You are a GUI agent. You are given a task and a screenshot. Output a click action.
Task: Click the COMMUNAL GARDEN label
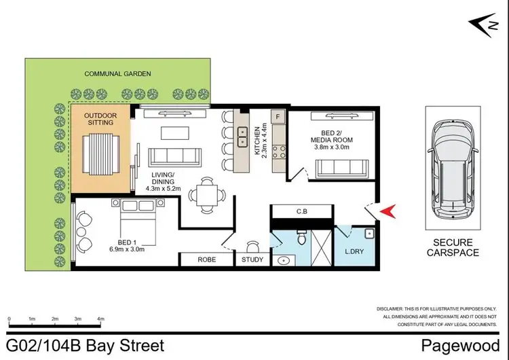(x=117, y=73)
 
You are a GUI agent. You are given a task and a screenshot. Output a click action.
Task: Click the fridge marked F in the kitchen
(x=278, y=117)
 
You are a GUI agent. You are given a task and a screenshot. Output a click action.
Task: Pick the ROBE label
(x=206, y=259)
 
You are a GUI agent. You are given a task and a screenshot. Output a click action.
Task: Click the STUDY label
(x=252, y=259)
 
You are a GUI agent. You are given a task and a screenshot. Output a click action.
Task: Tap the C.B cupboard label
(x=302, y=211)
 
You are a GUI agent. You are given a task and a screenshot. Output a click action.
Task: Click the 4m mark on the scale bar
(x=100, y=318)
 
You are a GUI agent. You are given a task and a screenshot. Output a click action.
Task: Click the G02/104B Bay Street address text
(x=85, y=346)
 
